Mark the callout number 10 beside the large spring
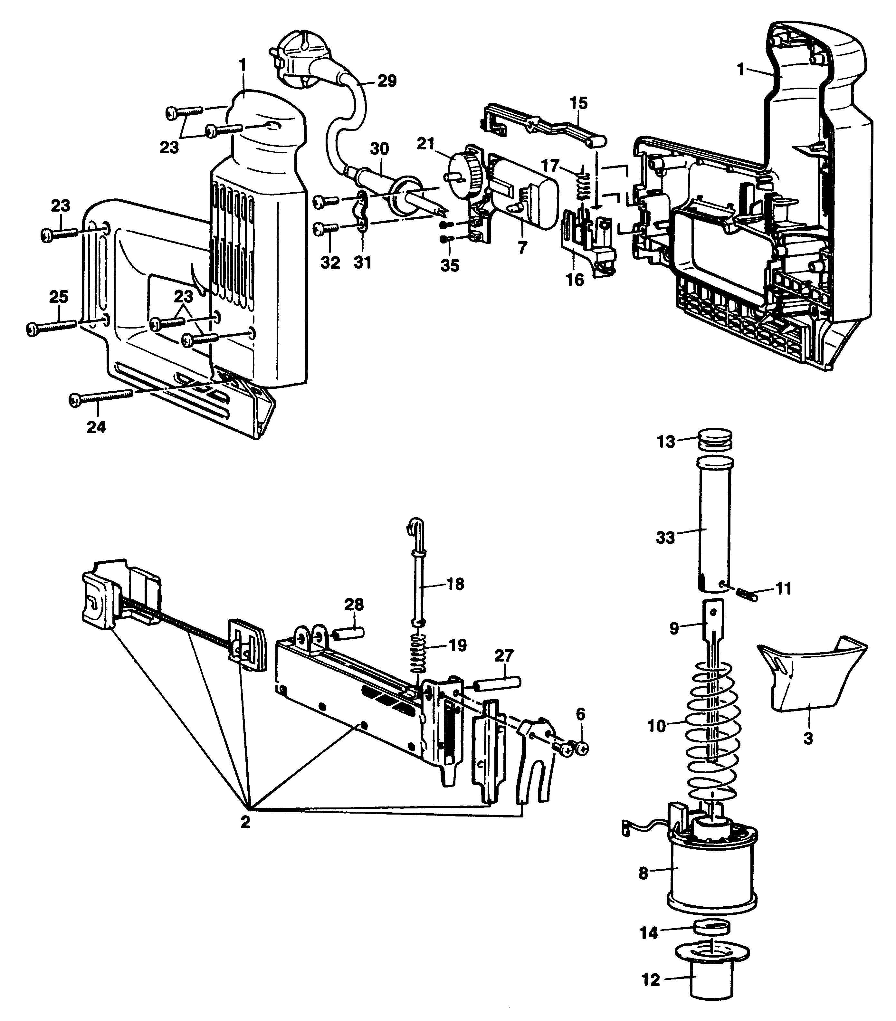point(657,726)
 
